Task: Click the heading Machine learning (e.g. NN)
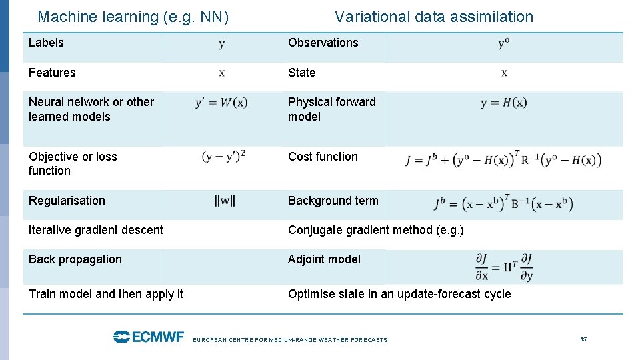click(133, 17)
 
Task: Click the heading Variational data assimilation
click(434, 17)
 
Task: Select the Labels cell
click(46, 43)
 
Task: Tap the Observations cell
click(323, 43)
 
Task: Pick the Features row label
click(52, 73)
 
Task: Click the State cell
click(301, 73)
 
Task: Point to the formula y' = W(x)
click(221, 103)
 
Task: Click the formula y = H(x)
click(503, 103)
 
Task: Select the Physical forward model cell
click(331, 109)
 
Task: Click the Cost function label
click(323, 157)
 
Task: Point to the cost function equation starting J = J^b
click(503, 160)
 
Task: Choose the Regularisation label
click(67, 201)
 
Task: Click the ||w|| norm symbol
click(225, 201)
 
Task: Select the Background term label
click(333, 201)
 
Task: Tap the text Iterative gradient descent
click(95, 230)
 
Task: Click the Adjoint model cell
click(324, 259)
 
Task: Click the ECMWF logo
click(148, 337)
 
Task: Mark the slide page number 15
click(583, 339)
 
